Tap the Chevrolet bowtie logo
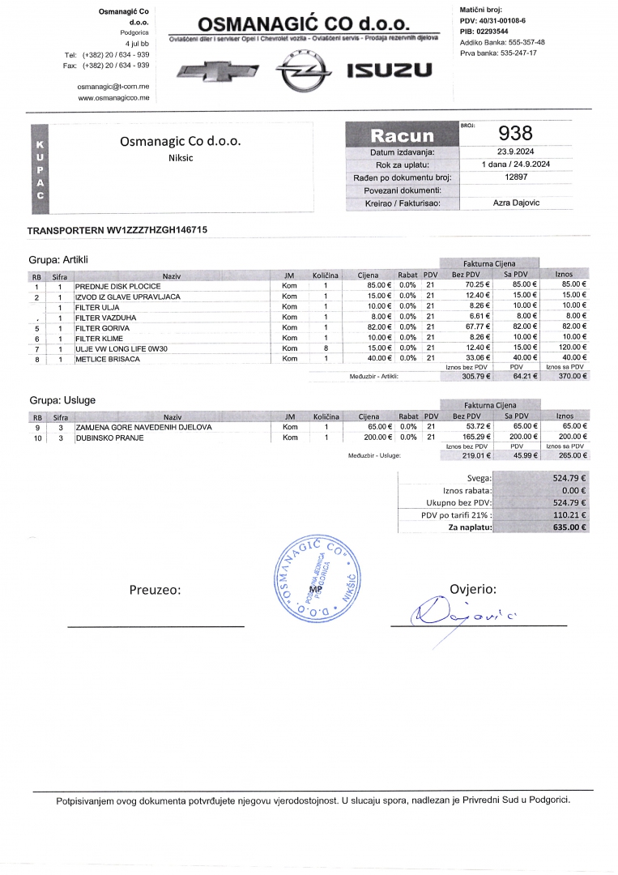218,71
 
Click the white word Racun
402,135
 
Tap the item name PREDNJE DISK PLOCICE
118,286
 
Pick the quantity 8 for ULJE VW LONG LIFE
325,348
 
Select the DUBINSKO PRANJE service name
109,437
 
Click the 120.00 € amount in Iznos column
570,348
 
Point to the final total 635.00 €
569,527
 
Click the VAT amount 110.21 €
569,514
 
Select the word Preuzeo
155,590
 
